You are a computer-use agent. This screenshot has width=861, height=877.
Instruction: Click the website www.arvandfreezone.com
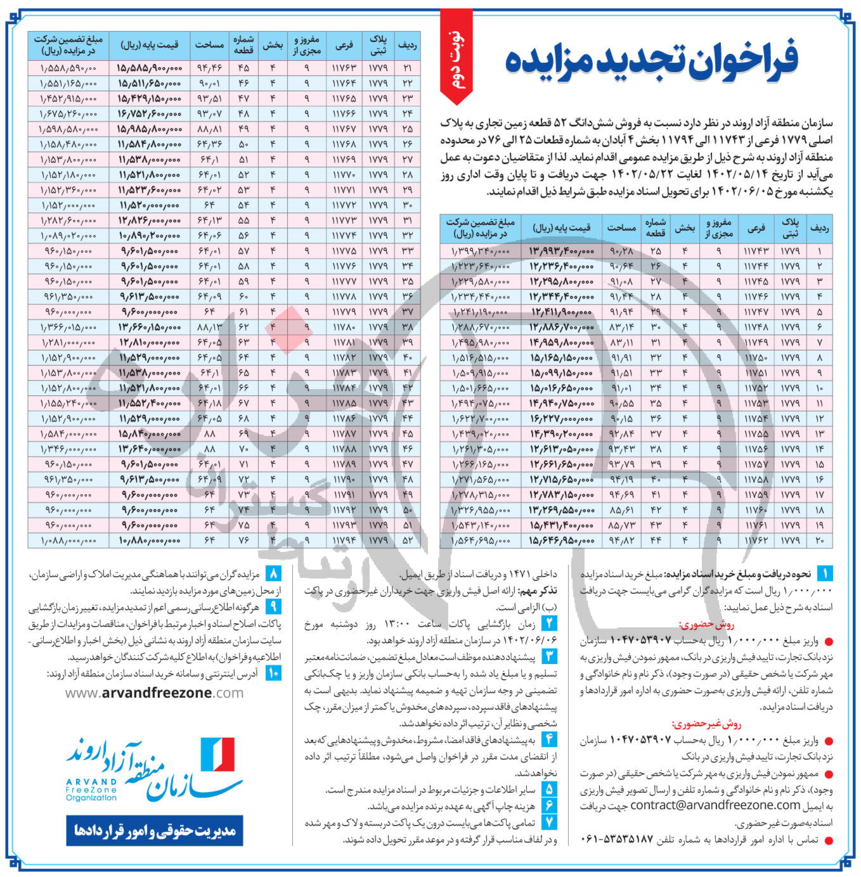point(154,693)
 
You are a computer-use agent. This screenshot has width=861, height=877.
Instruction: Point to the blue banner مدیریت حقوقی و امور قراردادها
point(154,830)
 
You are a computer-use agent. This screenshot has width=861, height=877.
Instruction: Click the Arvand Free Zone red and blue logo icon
point(217,754)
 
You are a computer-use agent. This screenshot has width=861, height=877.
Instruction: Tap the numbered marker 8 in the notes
point(273,574)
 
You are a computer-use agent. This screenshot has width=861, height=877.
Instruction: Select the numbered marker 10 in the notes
point(273,673)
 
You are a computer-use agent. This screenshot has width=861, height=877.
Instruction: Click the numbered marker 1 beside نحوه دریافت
point(825,574)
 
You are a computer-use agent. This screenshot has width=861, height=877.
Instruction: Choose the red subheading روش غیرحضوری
point(706,724)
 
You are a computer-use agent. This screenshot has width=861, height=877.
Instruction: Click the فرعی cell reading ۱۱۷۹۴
point(343,541)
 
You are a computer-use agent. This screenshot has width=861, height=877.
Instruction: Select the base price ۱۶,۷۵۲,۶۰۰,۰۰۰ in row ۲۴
point(149,113)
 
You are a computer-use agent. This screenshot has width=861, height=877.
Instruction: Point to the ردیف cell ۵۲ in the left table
point(407,541)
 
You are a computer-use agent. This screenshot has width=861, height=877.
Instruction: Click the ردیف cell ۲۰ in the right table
point(819,541)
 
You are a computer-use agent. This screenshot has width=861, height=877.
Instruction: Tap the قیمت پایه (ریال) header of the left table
point(149,45)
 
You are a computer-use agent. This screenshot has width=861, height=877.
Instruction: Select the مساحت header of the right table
point(622,227)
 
